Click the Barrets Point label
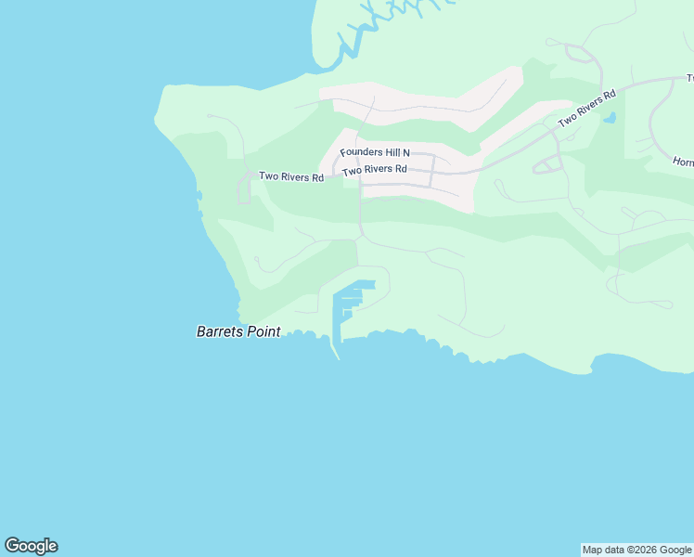(x=238, y=331)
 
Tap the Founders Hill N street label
(x=375, y=152)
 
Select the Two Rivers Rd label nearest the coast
(x=291, y=176)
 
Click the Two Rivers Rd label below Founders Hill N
(x=375, y=170)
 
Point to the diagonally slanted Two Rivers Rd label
(x=586, y=110)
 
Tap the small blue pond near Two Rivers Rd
(x=610, y=118)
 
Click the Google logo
(x=31, y=546)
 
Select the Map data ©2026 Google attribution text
(x=637, y=550)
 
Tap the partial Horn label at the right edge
(x=684, y=162)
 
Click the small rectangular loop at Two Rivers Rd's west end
(x=244, y=188)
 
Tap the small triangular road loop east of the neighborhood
(x=547, y=164)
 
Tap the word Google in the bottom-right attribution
(x=675, y=550)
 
